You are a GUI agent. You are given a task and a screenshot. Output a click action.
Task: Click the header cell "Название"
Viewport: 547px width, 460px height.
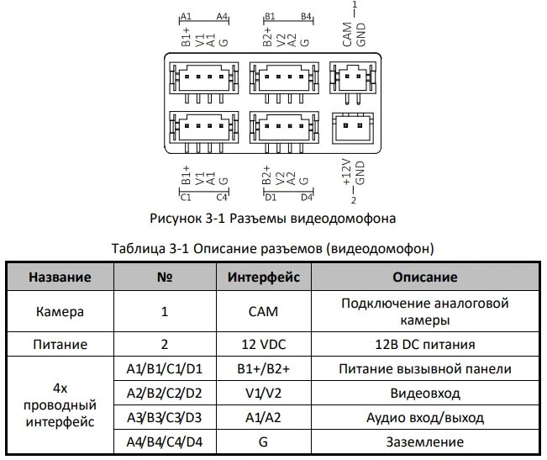point(60,277)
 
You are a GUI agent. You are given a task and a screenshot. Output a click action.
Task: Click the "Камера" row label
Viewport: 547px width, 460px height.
point(60,311)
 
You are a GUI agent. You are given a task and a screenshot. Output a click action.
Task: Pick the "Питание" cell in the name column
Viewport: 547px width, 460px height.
point(60,344)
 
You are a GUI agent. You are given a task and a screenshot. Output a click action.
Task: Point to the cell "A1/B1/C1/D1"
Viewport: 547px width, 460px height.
point(165,368)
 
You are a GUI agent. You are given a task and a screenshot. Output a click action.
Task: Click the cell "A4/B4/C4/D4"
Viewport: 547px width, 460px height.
point(165,441)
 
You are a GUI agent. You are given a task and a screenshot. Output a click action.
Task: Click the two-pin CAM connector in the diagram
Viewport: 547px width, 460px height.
point(352,78)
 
